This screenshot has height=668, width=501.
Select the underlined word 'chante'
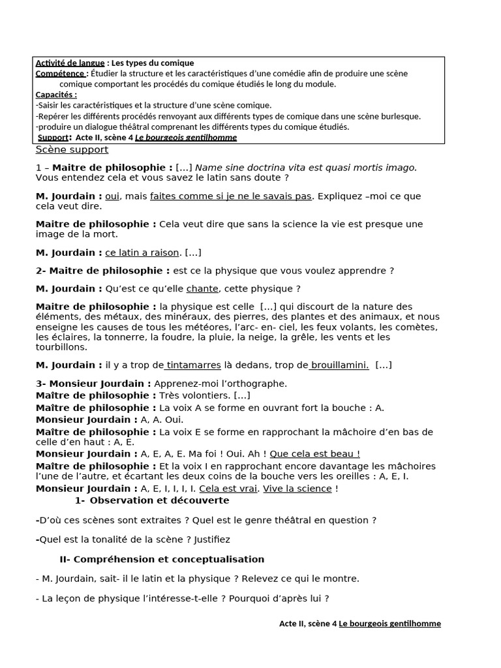[x=202, y=288]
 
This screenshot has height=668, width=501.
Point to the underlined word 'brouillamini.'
[x=339, y=365]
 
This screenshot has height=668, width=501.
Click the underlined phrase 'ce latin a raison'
[x=142, y=252]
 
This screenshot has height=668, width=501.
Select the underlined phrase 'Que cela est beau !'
[x=314, y=453]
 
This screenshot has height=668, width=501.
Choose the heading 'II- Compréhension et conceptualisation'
[x=162, y=559]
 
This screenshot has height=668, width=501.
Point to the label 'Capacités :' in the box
[x=56, y=95]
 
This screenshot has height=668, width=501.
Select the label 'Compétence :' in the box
[x=61, y=74]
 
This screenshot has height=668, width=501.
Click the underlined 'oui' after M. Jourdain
[x=113, y=196]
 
